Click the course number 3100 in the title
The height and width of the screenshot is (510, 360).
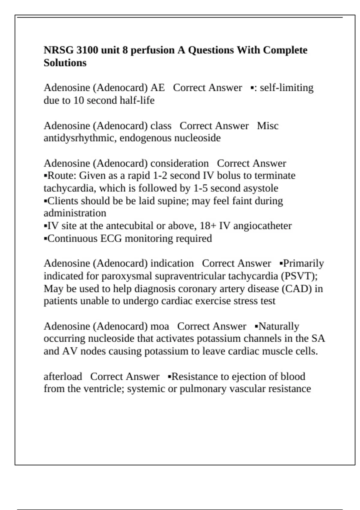click(x=87, y=50)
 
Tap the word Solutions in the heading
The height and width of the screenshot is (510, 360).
click(x=65, y=63)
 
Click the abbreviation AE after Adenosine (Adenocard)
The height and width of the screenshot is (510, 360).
click(x=157, y=88)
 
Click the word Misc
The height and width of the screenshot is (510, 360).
click(x=268, y=126)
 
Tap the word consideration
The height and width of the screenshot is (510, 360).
click(x=179, y=163)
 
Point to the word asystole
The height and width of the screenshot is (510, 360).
click(x=261, y=188)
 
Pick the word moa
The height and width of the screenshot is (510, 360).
click(x=160, y=326)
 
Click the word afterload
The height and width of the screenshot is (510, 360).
click(x=63, y=376)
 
